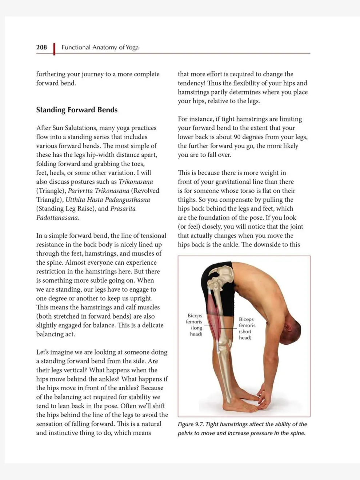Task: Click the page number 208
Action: click(41, 47)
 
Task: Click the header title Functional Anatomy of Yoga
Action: click(100, 47)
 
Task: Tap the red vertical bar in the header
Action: click(54, 49)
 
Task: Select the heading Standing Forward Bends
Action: click(77, 110)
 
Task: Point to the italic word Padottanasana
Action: click(57, 217)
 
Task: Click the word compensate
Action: click(222, 200)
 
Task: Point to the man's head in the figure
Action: click(291, 331)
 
